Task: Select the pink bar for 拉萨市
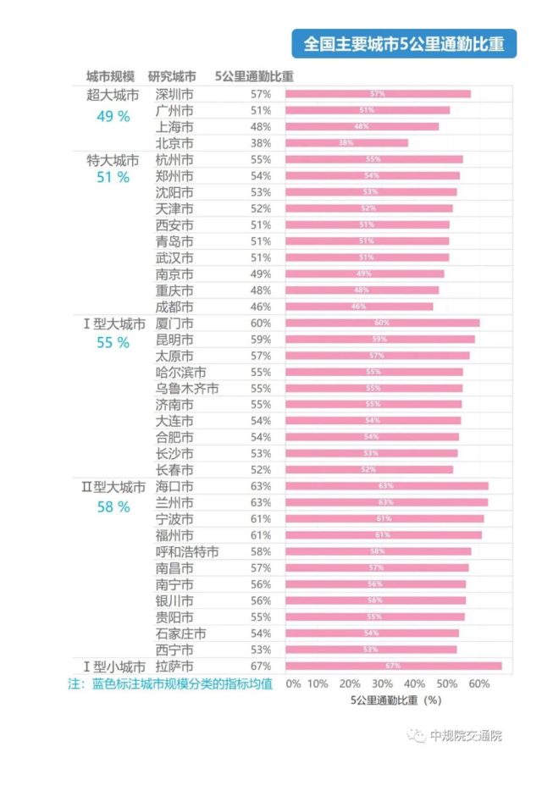[x=394, y=666]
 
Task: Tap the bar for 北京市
[x=346, y=143]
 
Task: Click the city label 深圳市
[x=174, y=94]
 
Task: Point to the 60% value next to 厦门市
[x=261, y=323]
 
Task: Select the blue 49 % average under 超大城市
[x=113, y=117]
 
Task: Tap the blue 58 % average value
[x=113, y=507]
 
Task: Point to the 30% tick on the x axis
[x=382, y=683]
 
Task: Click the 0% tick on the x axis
[x=293, y=683]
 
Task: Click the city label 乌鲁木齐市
[x=186, y=388]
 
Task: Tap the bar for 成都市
[x=359, y=307]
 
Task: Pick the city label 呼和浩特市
[x=186, y=551]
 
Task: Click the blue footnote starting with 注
[x=169, y=683]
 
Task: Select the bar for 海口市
[x=387, y=486]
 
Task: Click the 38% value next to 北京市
[x=261, y=143]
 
